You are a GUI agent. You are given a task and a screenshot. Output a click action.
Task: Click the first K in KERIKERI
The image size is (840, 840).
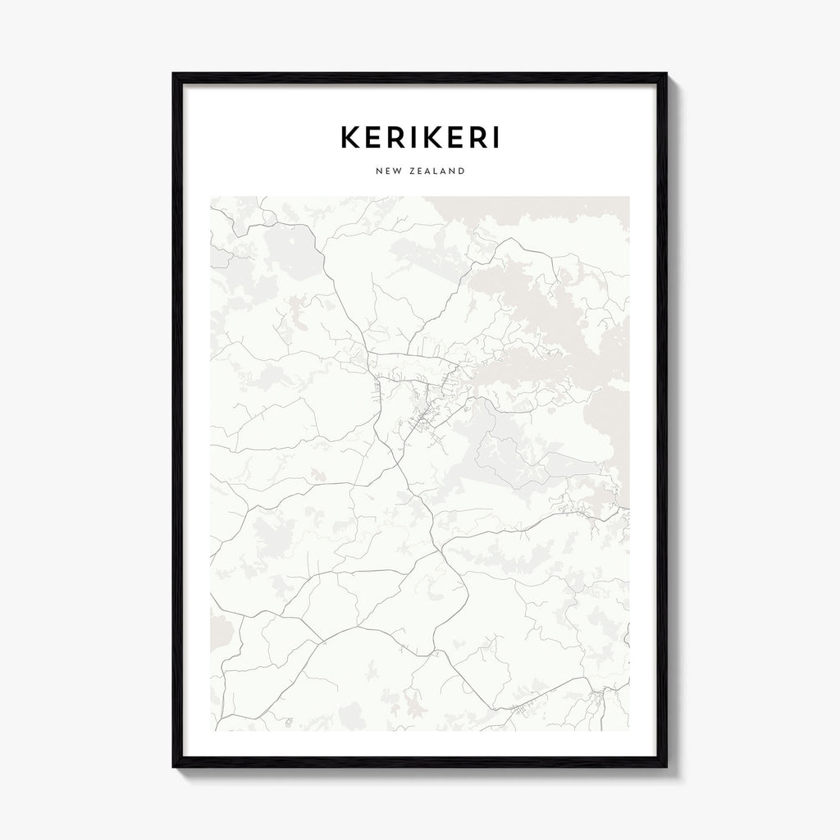[x=350, y=138]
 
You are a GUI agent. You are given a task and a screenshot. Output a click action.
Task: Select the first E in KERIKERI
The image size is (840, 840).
[x=376, y=138]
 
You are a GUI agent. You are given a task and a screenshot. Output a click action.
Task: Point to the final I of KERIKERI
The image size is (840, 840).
[x=493, y=138]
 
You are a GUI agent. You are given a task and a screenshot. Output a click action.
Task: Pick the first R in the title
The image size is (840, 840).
[x=400, y=138]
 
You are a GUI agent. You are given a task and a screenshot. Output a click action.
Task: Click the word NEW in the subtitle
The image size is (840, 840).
[x=387, y=171]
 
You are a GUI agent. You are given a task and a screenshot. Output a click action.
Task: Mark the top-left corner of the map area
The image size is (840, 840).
[x=211, y=197]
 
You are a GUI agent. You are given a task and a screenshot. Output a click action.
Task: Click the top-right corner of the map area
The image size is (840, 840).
[x=629, y=197]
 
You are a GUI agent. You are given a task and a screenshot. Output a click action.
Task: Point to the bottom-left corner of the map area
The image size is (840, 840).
[x=211, y=730]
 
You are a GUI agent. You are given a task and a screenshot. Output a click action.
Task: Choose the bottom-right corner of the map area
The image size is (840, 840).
[x=629, y=730]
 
